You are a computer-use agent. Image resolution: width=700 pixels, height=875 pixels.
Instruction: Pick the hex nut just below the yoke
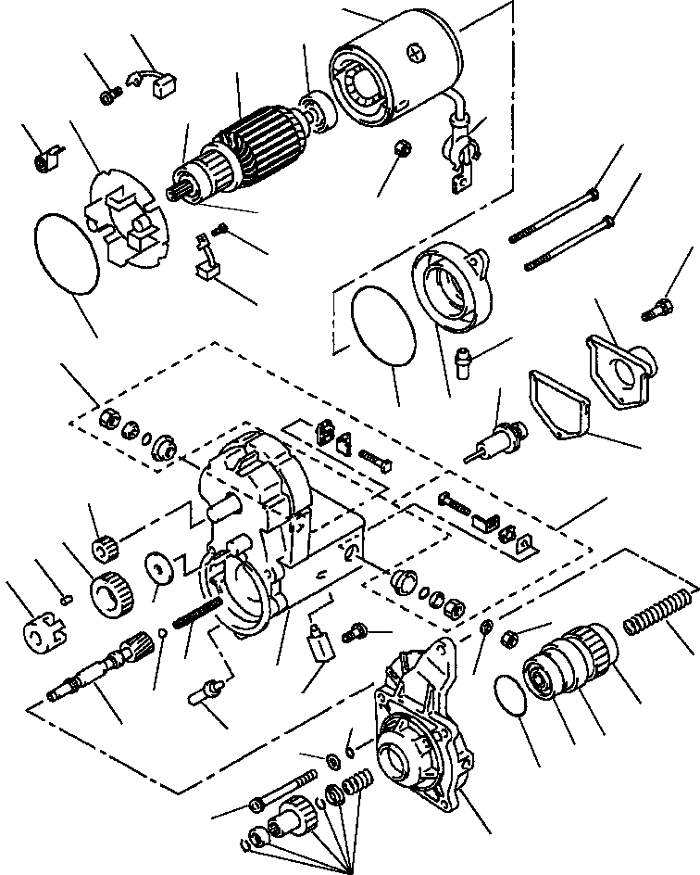pyautogui.click(x=401, y=147)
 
